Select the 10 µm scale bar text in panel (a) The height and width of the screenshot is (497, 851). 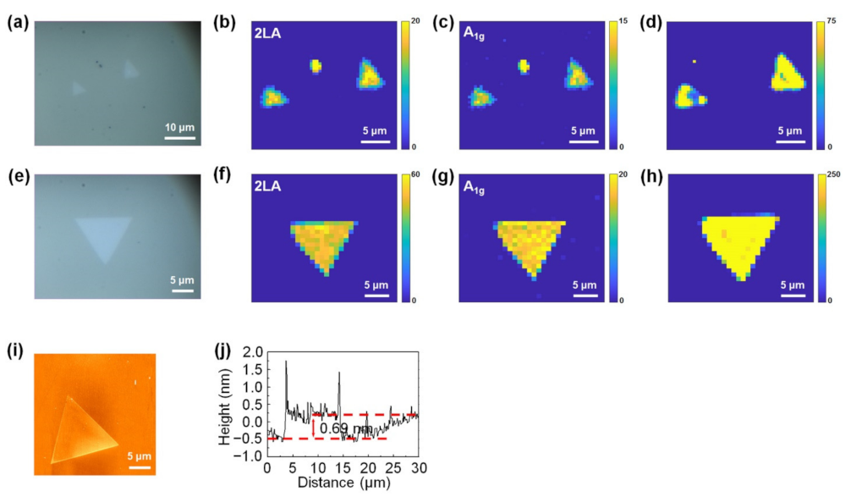click(179, 127)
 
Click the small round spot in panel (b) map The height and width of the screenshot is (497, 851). click(316, 66)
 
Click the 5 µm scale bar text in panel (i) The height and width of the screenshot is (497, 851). click(139, 457)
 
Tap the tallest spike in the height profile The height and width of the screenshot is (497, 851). click(286, 362)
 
